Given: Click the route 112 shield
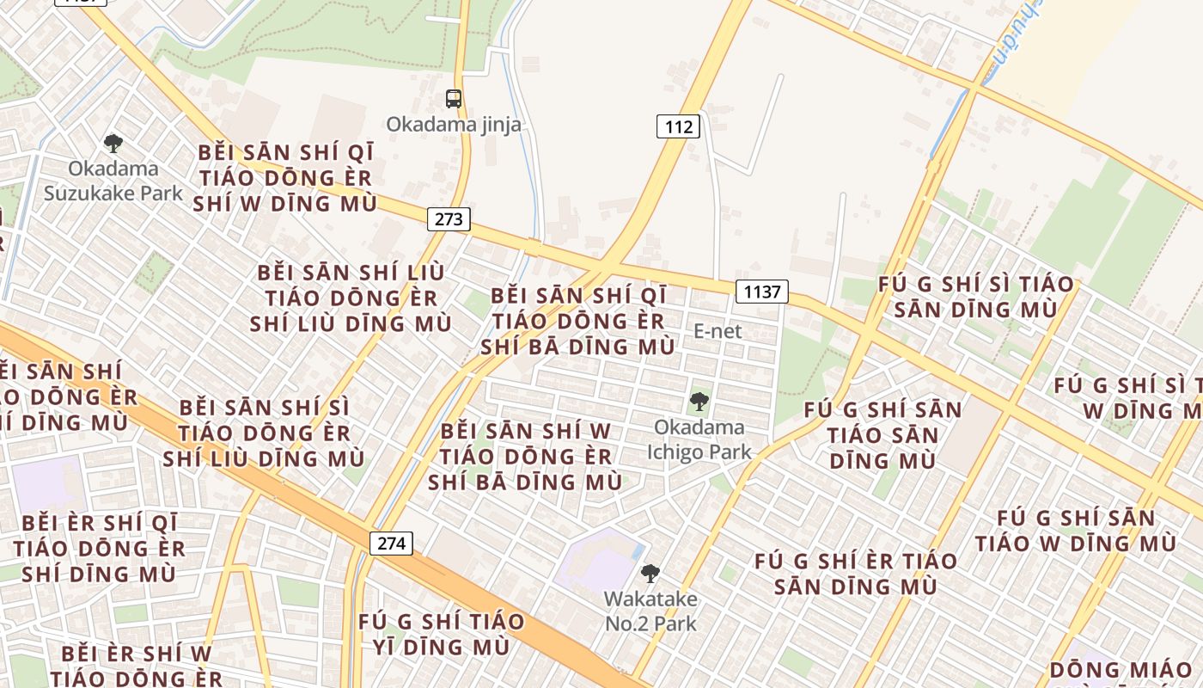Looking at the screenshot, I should (x=678, y=126).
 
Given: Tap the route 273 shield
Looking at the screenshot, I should (x=449, y=218).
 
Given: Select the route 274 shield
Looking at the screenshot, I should (x=391, y=543).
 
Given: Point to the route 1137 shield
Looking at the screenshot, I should (x=761, y=292).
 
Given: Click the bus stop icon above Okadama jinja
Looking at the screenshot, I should (x=454, y=99).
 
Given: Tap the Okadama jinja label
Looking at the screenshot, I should (x=453, y=125).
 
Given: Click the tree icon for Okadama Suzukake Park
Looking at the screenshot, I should (x=113, y=144).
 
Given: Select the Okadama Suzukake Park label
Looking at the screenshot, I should (x=113, y=181).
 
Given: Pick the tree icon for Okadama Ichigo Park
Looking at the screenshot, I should (x=699, y=401).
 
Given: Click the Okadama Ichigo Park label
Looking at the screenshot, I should (x=699, y=439).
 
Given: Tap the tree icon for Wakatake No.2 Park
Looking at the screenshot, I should (x=650, y=573).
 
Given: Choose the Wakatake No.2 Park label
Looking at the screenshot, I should (x=650, y=611).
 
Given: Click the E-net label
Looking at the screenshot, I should (x=718, y=331).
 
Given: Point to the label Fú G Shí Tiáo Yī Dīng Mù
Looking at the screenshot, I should (x=441, y=634).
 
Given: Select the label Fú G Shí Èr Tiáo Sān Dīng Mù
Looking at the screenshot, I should (x=856, y=574).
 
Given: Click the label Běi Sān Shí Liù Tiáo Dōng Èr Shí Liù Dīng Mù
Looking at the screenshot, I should (x=351, y=298).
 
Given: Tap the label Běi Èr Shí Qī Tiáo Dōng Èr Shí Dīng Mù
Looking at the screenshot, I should (x=99, y=548).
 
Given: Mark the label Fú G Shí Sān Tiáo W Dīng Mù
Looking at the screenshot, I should (x=1076, y=531).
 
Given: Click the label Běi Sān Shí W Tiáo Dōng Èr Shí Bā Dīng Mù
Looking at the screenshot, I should (x=525, y=456).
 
